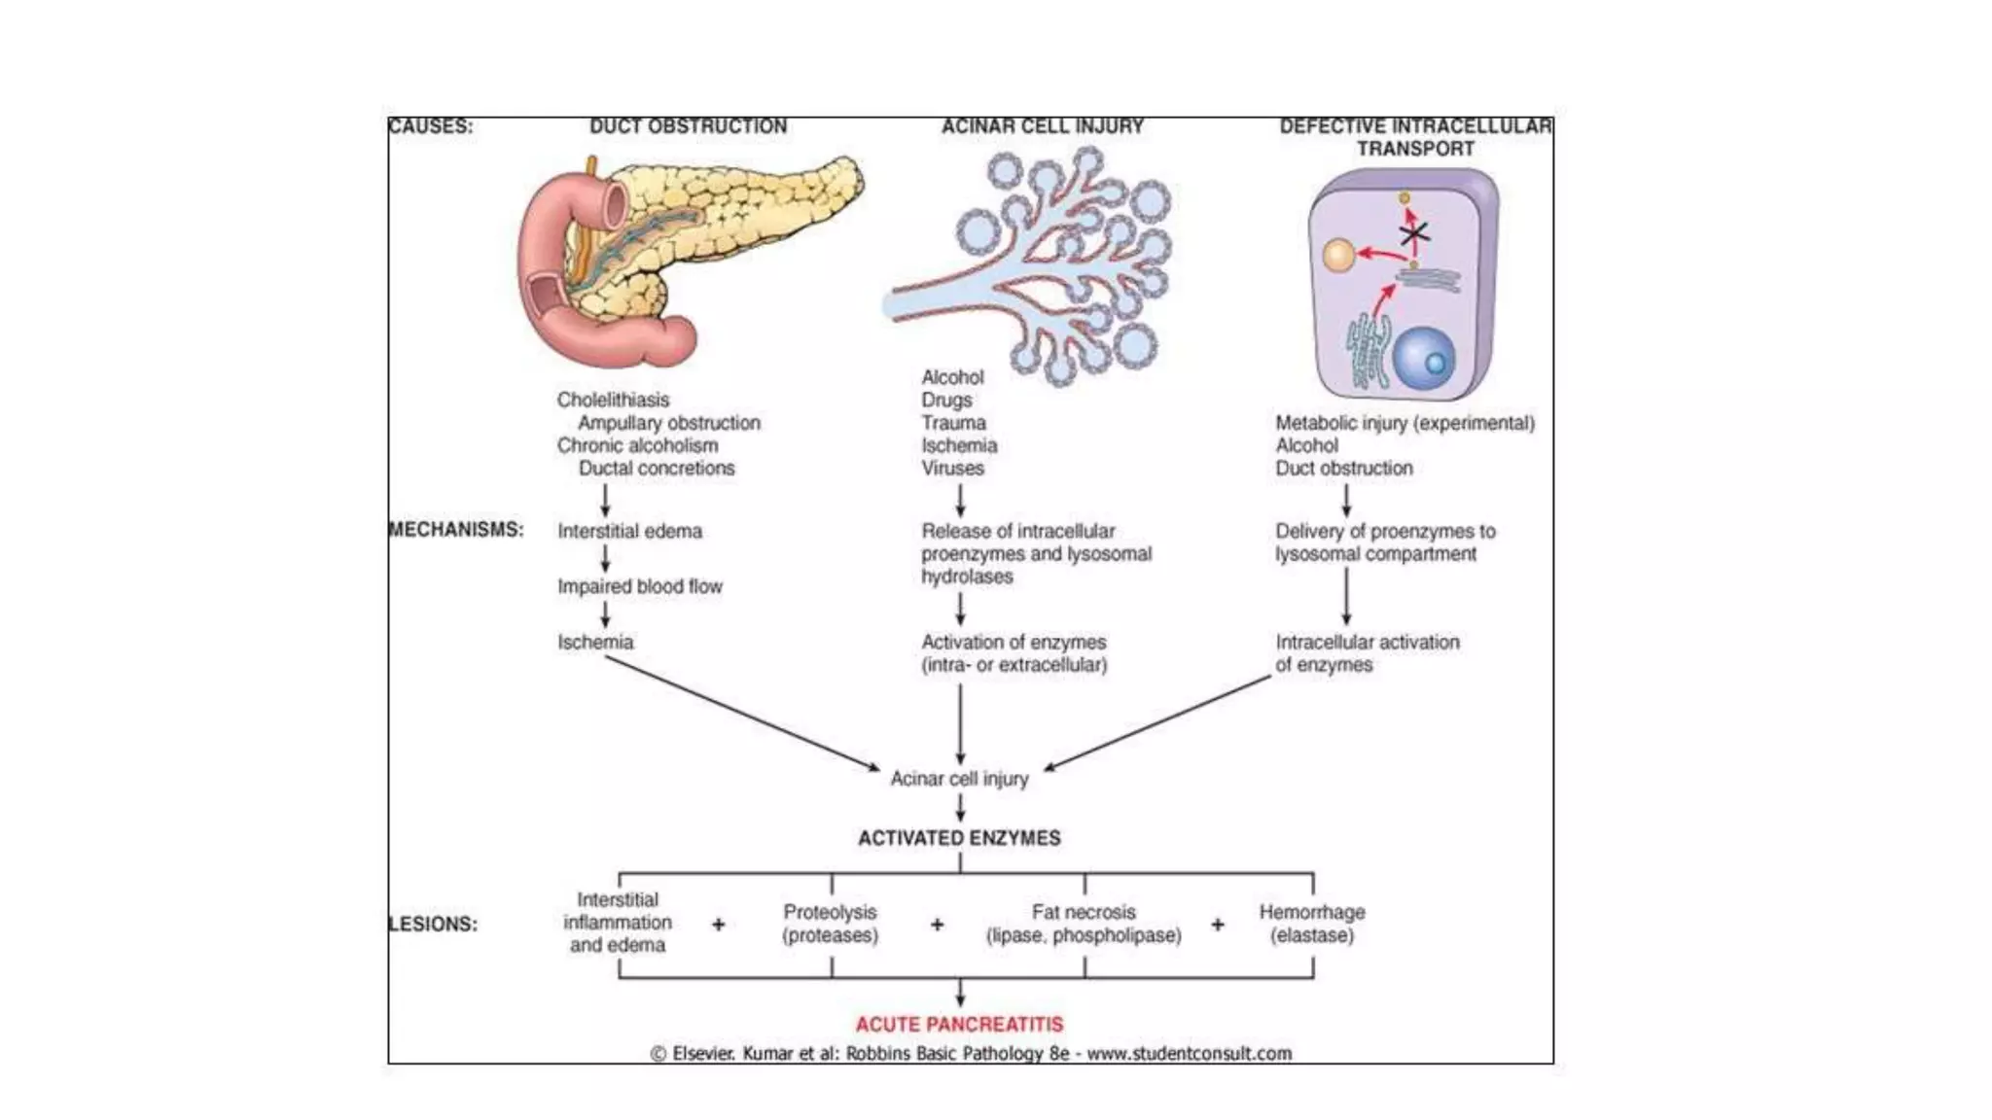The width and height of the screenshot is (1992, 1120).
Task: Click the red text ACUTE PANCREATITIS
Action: point(959,1024)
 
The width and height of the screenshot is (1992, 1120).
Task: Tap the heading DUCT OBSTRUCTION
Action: point(688,126)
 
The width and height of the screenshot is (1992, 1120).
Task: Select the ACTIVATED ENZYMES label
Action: point(959,838)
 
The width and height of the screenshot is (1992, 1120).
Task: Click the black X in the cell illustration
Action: point(1413,234)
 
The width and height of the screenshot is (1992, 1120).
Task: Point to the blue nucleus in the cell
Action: point(1424,359)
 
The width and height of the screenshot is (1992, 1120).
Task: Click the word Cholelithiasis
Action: point(613,400)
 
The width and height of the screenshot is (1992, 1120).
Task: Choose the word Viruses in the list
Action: point(952,468)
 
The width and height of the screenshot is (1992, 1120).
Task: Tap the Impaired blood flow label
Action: point(639,586)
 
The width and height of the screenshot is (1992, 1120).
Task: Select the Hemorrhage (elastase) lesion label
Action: point(1311,924)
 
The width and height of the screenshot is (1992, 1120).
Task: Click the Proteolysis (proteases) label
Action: point(830,924)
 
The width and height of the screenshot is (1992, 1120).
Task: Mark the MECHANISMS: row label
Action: point(455,530)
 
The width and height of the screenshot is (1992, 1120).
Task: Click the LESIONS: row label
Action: point(433,924)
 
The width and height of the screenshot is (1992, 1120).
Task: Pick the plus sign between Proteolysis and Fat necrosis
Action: point(937,925)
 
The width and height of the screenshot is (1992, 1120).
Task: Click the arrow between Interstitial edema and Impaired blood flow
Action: point(605,559)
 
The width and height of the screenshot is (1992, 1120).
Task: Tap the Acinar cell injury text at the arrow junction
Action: point(959,779)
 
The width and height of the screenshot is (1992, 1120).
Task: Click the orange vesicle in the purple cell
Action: point(1338,257)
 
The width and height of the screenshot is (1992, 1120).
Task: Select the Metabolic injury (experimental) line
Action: point(1405,423)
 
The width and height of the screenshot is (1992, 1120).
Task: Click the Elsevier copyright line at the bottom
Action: point(971,1053)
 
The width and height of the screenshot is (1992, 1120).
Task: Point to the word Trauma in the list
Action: point(953,423)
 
